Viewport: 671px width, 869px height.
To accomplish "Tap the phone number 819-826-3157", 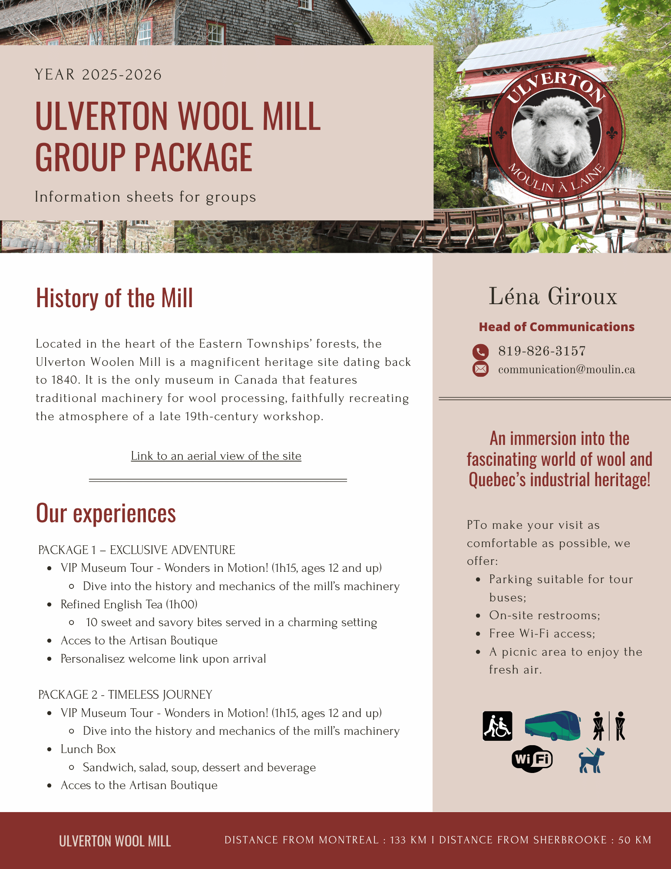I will (x=542, y=351).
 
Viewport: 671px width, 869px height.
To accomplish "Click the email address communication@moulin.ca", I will (x=566, y=369).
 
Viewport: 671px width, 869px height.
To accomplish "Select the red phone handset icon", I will (x=480, y=352).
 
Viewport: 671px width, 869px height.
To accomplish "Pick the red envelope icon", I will (x=480, y=369).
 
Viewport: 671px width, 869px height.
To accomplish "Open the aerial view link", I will (x=216, y=456).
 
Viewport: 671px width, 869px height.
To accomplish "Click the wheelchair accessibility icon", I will (x=497, y=726).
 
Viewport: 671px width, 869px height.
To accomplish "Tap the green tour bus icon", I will (x=552, y=725).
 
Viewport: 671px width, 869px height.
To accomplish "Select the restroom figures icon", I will (x=609, y=726).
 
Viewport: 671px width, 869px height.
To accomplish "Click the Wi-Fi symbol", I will (x=532, y=759).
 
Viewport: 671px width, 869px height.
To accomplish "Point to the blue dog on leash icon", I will (x=592, y=760).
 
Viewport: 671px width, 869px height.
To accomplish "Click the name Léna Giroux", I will (x=553, y=296).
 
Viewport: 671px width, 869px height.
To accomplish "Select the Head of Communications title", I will (x=556, y=327).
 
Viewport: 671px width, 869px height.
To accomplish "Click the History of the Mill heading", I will (x=114, y=298).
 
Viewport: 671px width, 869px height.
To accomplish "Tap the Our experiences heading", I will (x=106, y=513).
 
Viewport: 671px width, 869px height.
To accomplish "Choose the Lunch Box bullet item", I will (x=88, y=749).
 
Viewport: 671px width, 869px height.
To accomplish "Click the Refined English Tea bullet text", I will (x=129, y=604).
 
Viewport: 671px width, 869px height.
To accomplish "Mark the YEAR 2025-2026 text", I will (x=98, y=75).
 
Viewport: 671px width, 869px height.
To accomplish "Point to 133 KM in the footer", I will (x=408, y=840).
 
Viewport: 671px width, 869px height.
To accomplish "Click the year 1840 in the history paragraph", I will (x=65, y=380).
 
